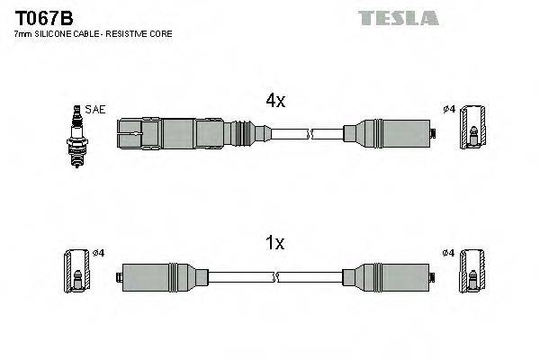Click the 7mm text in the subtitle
point(22,33)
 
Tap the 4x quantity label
point(275,102)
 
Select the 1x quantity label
point(275,242)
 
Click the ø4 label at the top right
point(449,110)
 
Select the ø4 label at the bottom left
point(98,252)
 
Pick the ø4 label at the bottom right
point(449,252)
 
